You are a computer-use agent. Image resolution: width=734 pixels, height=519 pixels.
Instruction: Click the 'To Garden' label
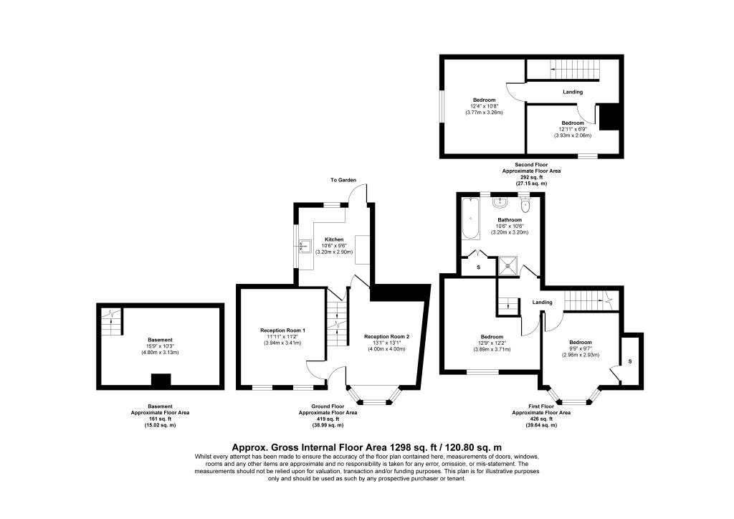click(343, 180)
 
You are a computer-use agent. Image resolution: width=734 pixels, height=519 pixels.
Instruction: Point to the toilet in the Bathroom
click(527, 205)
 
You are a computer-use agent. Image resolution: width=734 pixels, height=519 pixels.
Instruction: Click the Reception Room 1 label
click(282, 330)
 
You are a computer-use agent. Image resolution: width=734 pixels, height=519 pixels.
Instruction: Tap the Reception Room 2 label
click(386, 336)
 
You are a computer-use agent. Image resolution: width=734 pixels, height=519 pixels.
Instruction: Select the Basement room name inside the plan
click(160, 340)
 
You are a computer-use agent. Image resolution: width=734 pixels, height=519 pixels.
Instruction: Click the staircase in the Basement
click(110, 325)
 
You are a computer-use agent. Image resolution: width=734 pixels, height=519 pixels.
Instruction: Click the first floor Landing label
click(543, 303)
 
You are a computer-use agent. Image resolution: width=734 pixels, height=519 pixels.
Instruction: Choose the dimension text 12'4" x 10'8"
click(484, 106)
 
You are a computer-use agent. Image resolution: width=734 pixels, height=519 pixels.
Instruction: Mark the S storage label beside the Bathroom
click(479, 267)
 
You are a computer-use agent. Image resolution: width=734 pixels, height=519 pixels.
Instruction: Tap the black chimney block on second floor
click(609, 117)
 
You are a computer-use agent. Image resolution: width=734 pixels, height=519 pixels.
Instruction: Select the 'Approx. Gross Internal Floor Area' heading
click(367, 446)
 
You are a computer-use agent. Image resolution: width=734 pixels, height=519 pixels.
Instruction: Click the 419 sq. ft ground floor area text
click(328, 419)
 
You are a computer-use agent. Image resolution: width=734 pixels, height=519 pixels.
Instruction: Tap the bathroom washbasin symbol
click(502, 201)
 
